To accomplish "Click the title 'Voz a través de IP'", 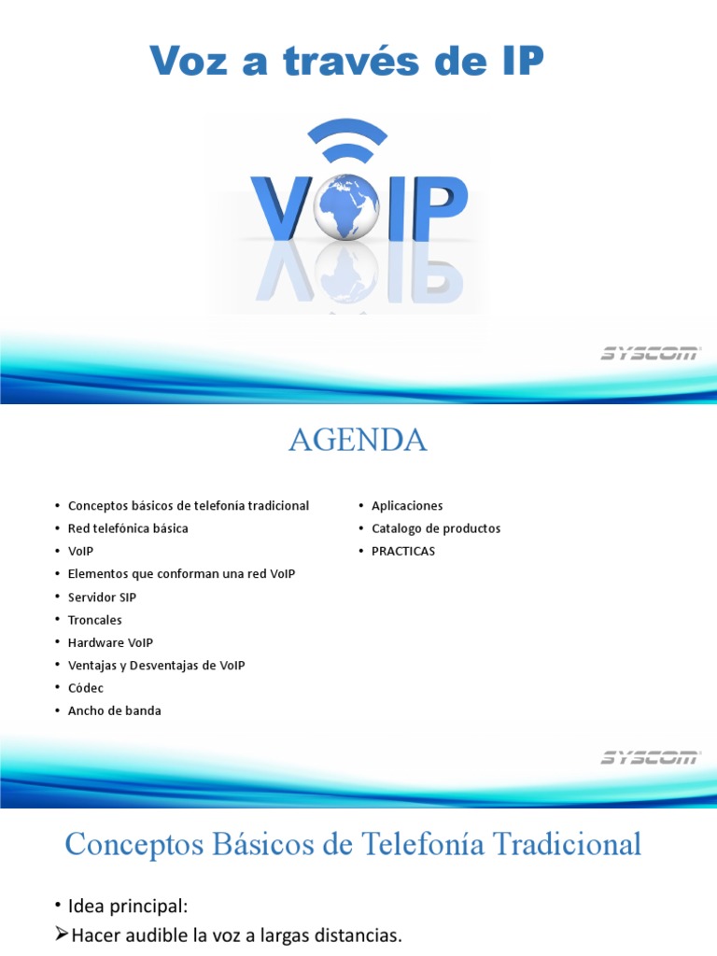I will [346, 63].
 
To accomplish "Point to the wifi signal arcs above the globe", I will [347, 143].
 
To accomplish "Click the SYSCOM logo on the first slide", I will [650, 354].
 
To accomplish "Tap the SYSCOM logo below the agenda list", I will [650, 757].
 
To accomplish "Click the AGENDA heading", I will [358, 441].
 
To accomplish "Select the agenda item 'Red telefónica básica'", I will [128, 528].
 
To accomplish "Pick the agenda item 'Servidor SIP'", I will [102, 597].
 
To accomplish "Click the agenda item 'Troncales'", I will [95, 620].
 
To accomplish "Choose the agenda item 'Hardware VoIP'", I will [110, 642].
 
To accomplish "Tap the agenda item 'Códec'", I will [86, 688].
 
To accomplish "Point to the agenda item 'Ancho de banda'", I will [115, 710].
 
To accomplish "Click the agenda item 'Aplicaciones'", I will [407, 506].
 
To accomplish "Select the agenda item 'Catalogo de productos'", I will [436, 528].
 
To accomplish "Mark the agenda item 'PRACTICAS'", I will [403, 551].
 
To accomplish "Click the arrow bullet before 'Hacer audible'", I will [61, 935].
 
